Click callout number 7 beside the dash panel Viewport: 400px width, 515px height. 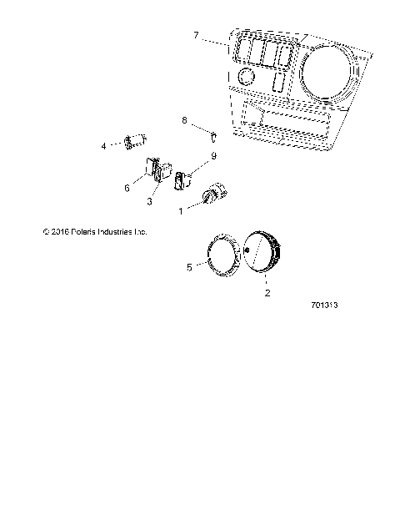[x=196, y=35]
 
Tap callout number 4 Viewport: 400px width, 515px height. [x=104, y=145]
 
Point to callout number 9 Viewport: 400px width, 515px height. [x=190, y=155]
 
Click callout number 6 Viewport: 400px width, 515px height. [x=127, y=189]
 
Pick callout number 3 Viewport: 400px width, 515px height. [x=149, y=201]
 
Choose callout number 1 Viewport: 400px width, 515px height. [x=181, y=212]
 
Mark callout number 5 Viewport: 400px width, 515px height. [x=189, y=268]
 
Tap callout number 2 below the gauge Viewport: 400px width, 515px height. [x=266, y=294]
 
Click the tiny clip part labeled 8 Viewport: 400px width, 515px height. [x=213, y=135]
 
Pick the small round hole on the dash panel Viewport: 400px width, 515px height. [x=246, y=77]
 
